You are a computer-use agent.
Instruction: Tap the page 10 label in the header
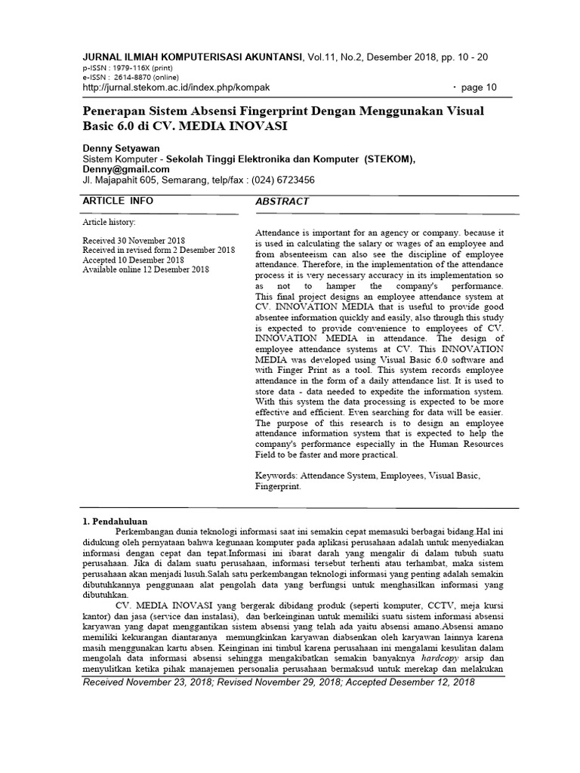point(478,87)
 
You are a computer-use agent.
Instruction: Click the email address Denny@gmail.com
point(125,170)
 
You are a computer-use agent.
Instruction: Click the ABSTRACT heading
point(283,202)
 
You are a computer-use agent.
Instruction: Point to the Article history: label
point(109,223)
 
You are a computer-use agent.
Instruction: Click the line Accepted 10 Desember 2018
point(133,259)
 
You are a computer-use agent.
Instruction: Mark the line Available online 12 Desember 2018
point(146,269)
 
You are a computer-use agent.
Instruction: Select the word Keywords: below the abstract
point(277,477)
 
